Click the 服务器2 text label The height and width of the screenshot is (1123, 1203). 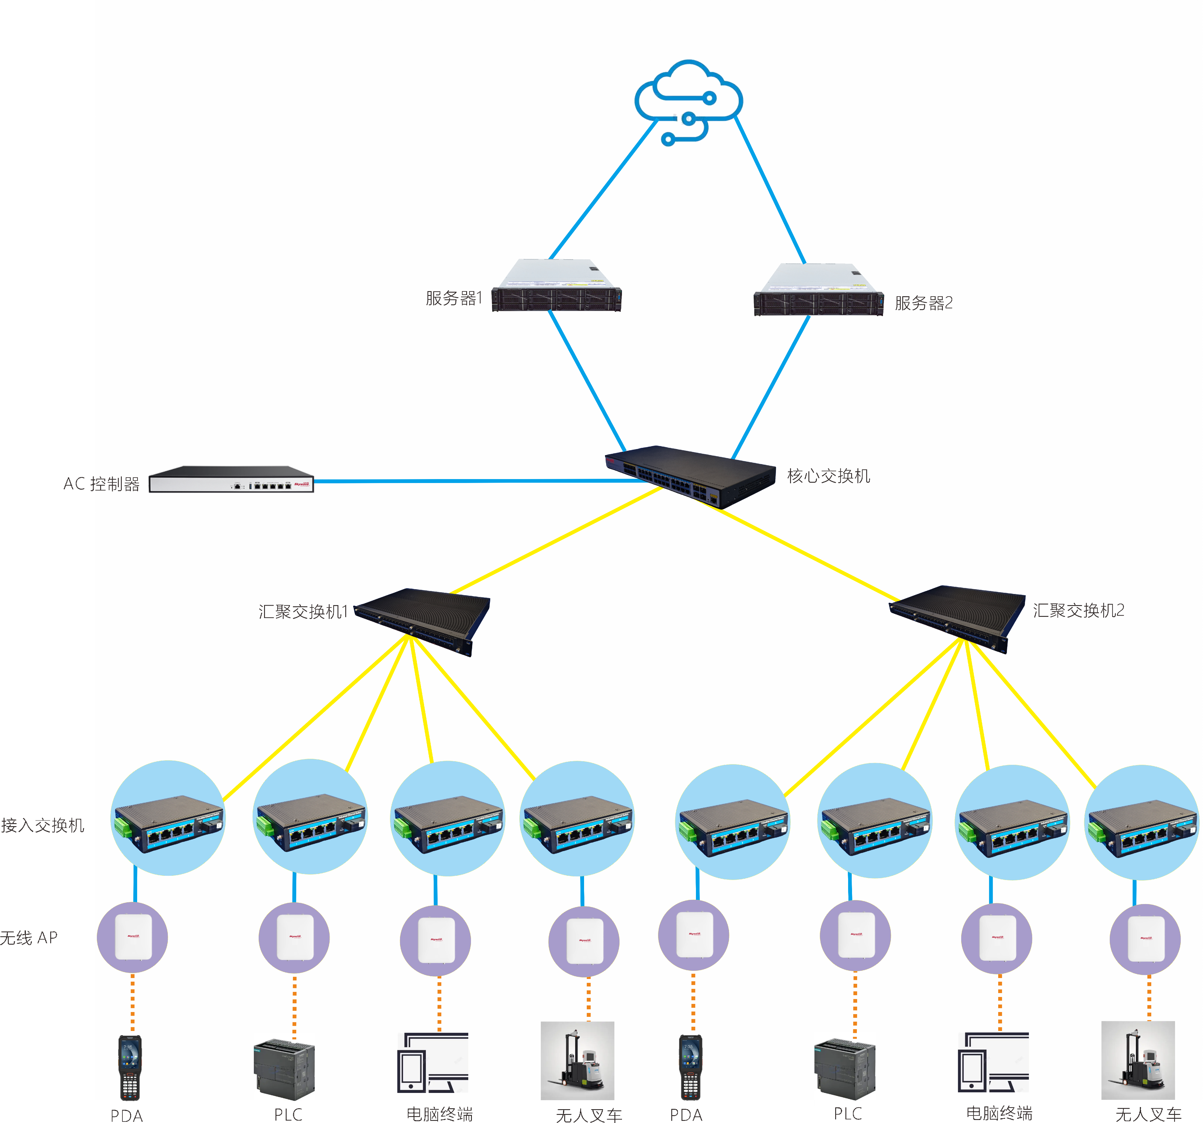(923, 303)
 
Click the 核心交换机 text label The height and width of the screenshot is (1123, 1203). (829, 476)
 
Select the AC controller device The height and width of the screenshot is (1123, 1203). (231, 480)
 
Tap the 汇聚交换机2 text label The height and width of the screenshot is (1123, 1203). (1078, 611)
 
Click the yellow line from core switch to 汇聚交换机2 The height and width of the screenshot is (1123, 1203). (799, 552)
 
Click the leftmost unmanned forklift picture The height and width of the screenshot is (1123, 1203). (577, 1060)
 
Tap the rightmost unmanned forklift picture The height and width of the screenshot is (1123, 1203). (1138, 1060)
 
